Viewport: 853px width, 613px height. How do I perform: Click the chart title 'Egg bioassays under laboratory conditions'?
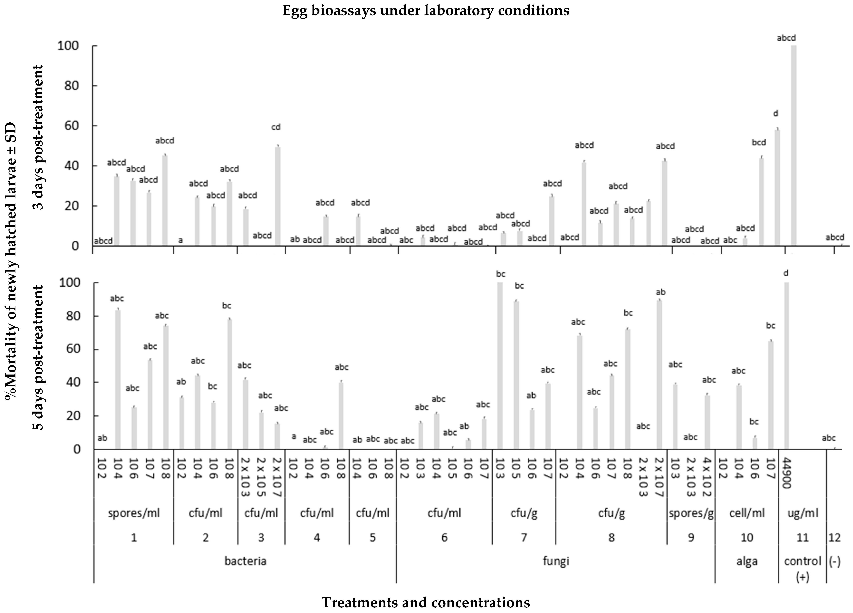[426, 10]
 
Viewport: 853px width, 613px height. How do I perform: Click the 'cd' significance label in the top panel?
[276, 127]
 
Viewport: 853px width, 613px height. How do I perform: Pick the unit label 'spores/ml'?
[134, 513]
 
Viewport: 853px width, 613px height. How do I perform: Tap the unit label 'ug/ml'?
[803, 513]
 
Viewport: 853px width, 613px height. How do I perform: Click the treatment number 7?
[523, 537]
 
